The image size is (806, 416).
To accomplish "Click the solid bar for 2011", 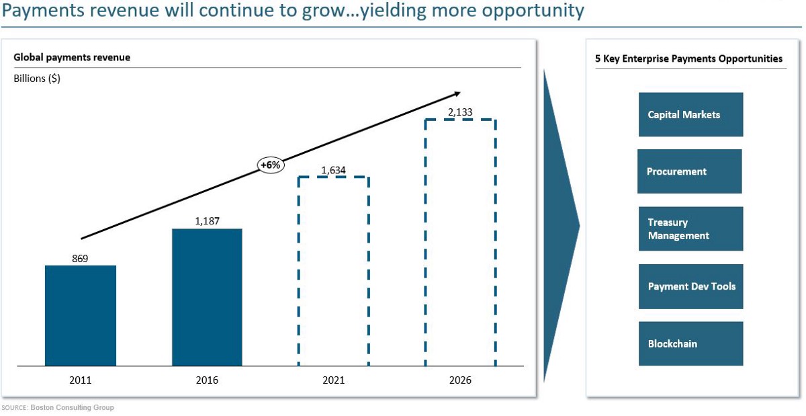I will (x=81, y=316).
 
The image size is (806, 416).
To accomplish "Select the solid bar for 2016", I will (x=207, y=297).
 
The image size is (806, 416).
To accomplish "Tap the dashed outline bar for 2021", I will (x=334, y=272).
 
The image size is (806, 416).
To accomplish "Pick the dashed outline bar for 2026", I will (x=460, y=243).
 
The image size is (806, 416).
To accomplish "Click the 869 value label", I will (x=80, y=258).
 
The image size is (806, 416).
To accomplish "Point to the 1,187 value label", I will (x=207, y=220).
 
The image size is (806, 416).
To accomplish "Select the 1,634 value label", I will (x=333, y=170).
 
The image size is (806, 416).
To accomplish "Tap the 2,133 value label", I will (x=459, y=112).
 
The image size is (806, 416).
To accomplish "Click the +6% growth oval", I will (x=271, y=165).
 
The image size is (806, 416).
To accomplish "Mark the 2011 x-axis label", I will (x=80, y=380).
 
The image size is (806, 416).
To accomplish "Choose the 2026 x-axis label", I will (x=460, y=380).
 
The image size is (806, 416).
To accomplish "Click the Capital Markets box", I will (x=690, y=115).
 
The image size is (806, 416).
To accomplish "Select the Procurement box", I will (x=689, y=171).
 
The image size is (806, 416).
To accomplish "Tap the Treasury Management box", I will (x=690, y=228).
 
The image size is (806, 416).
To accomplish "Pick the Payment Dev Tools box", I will (x=690, y=286).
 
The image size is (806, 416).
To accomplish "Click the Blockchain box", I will (x=690, y=343).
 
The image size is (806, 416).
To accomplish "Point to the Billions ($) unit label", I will (x=37, y=79).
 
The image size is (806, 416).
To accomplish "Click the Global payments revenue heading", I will (x=72, y=58).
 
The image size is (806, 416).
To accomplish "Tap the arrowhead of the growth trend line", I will (x=457, y=93).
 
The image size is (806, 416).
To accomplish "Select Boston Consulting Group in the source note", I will (x=72, y=408).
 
